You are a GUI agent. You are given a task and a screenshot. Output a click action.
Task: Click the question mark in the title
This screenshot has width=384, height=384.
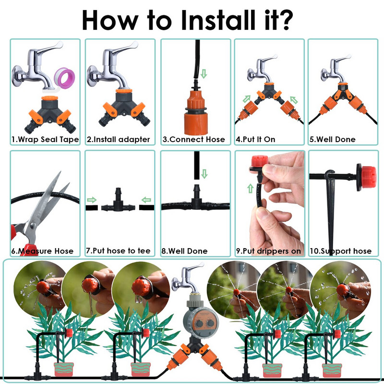coord(284,20)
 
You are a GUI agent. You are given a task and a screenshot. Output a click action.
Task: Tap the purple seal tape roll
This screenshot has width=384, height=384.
coord(64,78)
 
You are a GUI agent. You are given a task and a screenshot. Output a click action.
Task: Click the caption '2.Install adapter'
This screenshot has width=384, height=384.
coord(118,139)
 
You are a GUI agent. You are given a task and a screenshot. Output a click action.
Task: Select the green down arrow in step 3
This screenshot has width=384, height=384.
coord(204,73)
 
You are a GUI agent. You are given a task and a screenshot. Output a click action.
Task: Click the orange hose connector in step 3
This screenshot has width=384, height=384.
coord(196,113)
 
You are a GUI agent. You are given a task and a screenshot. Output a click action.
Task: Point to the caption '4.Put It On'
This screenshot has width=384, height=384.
coord(255,139)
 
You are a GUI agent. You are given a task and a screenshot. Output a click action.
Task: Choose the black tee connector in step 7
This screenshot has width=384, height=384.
coord(118,201)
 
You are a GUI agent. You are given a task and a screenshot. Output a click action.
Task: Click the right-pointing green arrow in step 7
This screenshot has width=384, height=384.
coord(92,200)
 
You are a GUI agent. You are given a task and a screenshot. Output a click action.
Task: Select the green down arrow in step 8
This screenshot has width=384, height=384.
coord(204,174)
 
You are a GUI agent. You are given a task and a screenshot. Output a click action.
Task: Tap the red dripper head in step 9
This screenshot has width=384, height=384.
coord(260,161)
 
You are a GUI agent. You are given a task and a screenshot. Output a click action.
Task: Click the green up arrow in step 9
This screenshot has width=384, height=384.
coord(250,189)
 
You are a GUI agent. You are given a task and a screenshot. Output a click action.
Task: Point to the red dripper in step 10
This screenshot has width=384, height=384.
coord(366,177)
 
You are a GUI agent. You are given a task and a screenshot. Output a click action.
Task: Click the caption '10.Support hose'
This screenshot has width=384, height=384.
coord(340,251)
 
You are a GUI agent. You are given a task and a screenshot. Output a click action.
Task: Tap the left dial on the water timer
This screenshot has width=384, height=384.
coord(199,323)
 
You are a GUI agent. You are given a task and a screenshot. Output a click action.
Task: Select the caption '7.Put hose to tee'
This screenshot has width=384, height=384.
coord(118,251)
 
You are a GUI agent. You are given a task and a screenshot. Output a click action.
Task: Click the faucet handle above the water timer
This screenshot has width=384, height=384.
coord(195,267)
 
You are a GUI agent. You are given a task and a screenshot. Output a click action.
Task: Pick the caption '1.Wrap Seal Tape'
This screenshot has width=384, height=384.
coord(45,139)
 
